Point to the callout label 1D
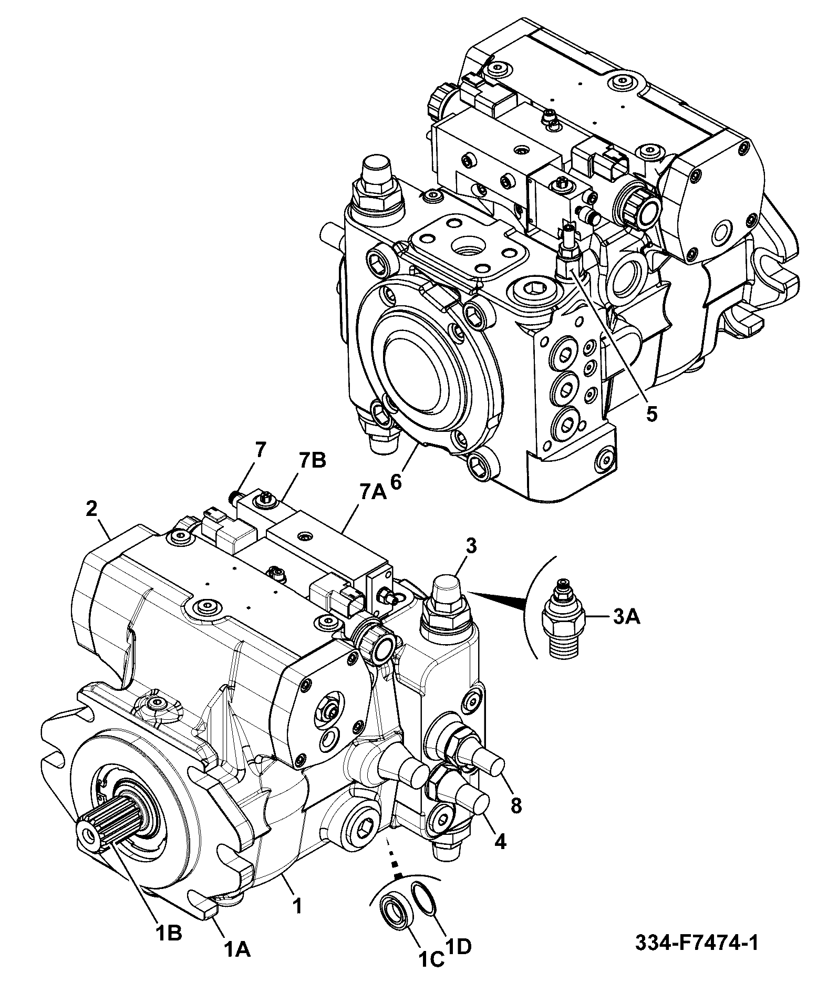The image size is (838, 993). [x=458, y=960]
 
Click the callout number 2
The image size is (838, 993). [x=91, y=508]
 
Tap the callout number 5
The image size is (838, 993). [x=651, y=414]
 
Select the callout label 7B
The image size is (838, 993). [x=312, y=460]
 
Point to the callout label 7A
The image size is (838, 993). [x=372, y=492]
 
